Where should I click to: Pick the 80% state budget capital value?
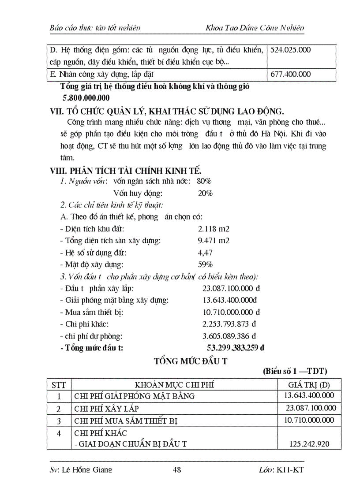pos(205,181)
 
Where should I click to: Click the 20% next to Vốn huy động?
pos(205,193)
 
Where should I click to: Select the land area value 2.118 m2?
pos(214,229)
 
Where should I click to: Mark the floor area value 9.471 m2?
pos(214,241)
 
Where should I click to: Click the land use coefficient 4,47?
pos(206,253)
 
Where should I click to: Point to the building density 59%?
pos(206,264)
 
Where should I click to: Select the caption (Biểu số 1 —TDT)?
pos(295,371)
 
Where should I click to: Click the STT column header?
pos(59,384)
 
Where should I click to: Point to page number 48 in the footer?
pos(177,470)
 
